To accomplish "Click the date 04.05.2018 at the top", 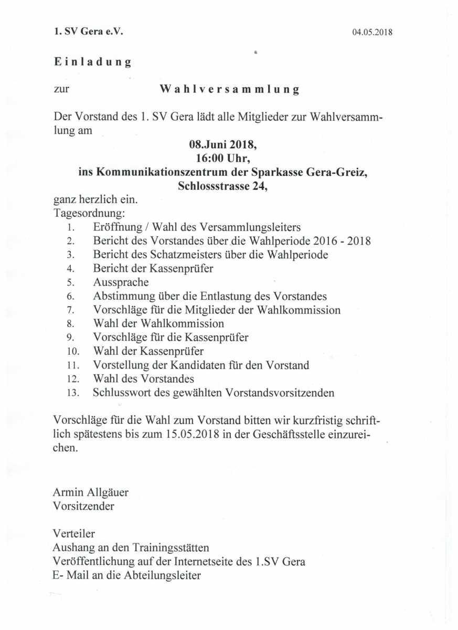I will pos(372,32).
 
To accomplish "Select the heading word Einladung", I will pos(92,61).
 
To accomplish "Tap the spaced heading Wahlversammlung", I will pos(229,89).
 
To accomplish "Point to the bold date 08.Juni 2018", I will pos(223,144).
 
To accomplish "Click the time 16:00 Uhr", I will pos(223,158).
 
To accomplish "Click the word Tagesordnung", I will pos(89,213).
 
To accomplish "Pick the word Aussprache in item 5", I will pos(121,282).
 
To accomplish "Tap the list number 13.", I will pos(73,393).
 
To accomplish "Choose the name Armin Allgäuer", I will pos(91,492).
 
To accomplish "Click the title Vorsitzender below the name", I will pos(84,506).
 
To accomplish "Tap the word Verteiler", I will pos(74,534).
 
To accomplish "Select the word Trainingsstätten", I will pos(168,548).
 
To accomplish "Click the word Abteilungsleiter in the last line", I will pos(163,575).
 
